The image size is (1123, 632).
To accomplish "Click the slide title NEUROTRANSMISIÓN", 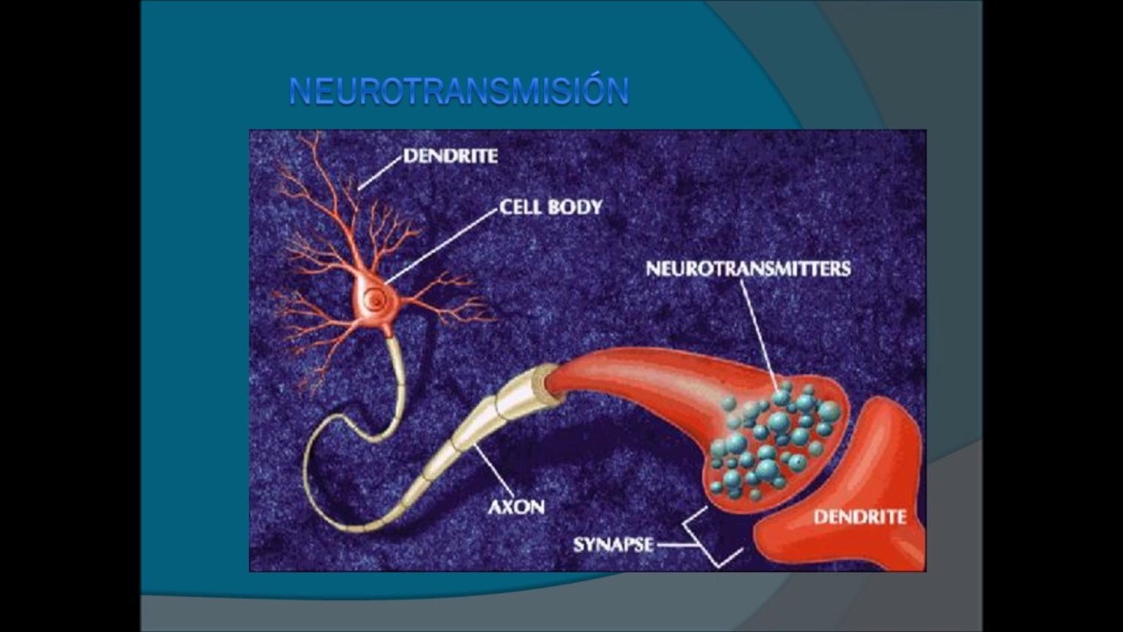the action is click(459, 90).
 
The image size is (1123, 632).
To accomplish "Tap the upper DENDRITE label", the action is click(450, 156).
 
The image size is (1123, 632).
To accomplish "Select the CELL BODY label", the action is click(550, 207).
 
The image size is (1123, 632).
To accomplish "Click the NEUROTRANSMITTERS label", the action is click(748, 269).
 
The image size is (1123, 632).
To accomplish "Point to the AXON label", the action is click(517, 507).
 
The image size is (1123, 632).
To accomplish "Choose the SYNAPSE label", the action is click(613, 545).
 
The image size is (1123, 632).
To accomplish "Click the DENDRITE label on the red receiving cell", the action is click(860, 517).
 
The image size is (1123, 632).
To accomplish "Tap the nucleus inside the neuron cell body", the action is click(374, 299).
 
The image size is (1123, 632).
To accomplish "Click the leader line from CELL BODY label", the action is click(442, 247).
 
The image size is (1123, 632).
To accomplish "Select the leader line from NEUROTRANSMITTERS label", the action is click(760, 335).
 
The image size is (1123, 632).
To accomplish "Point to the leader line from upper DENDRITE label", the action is click(380, 173).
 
